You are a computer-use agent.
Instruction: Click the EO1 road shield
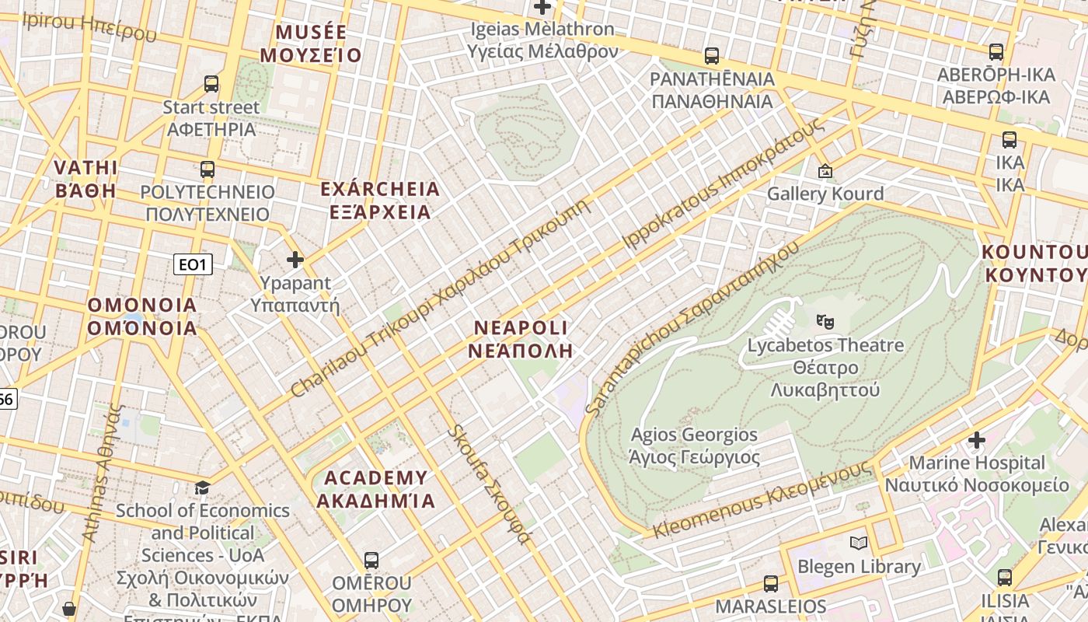click(x=192, y=265)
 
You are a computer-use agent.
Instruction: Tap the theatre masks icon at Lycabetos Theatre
click(x=825, y=320)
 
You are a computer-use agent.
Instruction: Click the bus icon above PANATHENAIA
click(x=711, y=56)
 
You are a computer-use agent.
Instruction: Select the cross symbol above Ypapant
click(x=295, y=260)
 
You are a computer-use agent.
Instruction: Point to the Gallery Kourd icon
click(x=825, y=171)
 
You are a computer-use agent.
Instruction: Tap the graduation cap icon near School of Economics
click(x=202, y=487)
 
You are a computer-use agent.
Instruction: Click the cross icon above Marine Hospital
click(x=976, y=440)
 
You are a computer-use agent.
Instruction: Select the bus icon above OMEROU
click(x=371, y=560)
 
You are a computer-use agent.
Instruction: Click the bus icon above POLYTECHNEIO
click(x=207, y=169)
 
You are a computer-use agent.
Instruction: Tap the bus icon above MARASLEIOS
click(x=770, y=583)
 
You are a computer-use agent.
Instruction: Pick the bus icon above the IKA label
click(x=1009, y=140)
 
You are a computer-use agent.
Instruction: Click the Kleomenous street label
click(x=762, y=500)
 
